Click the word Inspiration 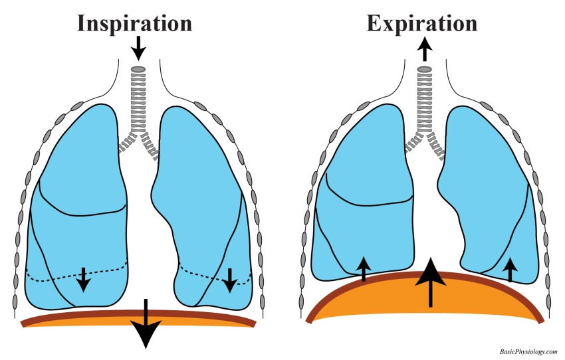tap(134, 23)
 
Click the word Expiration tap(421, 23)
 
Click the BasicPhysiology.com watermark tap(528, 351)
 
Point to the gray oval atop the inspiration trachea tap(138, 69)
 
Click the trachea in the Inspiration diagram tap(138, 100)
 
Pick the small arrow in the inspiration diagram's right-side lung tap(229, 280)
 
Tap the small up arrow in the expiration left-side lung tap(364, 269)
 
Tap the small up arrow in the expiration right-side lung tap(510, 270)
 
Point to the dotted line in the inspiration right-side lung tap(199, 272)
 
